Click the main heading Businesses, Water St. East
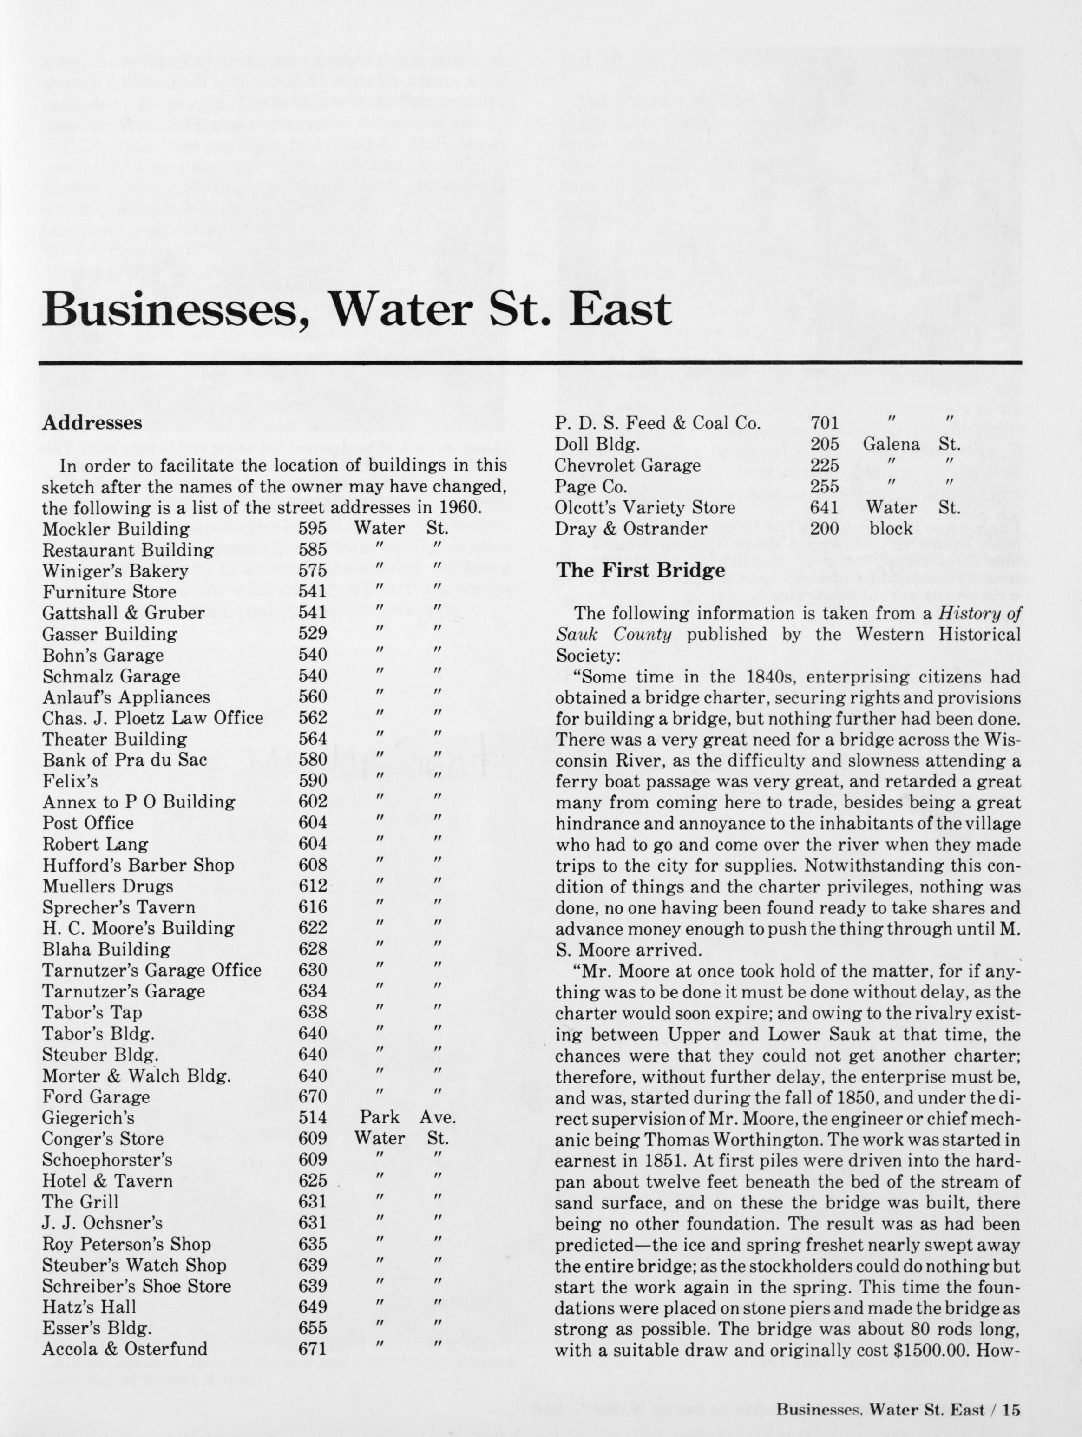click(x=356, y=310)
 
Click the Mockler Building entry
click(x=116, y=529)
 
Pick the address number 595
click(x=312, y=529)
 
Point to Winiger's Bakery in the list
click(x=115, y=571)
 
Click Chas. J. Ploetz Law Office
click(x=153, y=718)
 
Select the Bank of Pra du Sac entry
click(x=125, y=760)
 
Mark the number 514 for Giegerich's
click(x=312, y=1117)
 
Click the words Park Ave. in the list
click(x=408, y=1117)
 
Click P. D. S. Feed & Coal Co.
click(x=657, y=424)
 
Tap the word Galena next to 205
click(x=891, y=444)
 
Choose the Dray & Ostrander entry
click(x=630, y=529)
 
